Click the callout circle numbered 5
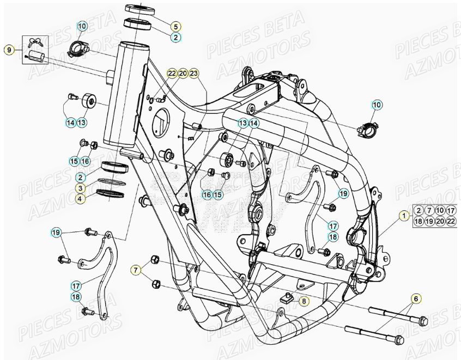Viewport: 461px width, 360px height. [175, 26]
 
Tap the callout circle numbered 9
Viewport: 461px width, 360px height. [9, 50]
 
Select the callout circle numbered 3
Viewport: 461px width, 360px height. [80, 188]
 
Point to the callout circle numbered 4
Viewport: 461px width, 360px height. [80, 199]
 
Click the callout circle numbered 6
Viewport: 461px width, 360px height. [416, 298]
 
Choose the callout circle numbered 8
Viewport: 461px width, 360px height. [304, 300]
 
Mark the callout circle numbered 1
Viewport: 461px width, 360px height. [404, 216]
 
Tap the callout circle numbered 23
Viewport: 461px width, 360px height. [195, 74]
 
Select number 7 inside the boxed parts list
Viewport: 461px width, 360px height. [429, 210]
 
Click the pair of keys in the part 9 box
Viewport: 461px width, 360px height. [35, 41]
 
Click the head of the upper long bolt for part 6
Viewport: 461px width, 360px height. [424, 320]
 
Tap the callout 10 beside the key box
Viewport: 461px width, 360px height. [82, 26]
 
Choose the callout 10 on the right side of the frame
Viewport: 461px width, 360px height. [377, 105]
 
